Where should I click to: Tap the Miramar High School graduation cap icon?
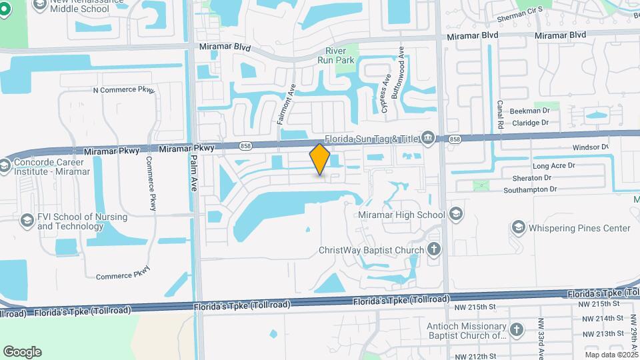point(455,214)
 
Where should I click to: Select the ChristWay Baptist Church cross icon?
point(434,250)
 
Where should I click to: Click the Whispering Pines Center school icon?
point(518,228)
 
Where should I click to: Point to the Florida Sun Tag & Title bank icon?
point(427,139)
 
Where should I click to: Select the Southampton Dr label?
point(530,190)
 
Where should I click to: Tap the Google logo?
point(22,351)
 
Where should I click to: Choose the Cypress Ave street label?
point(385,93)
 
